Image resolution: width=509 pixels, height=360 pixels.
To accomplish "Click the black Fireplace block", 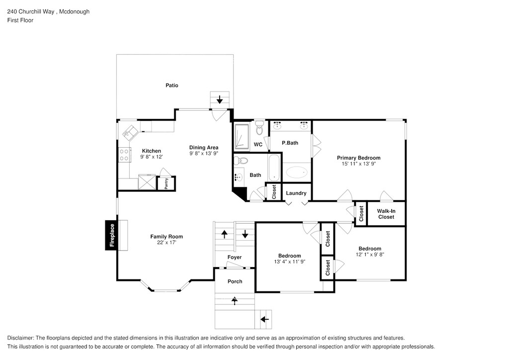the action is tap(111, 235).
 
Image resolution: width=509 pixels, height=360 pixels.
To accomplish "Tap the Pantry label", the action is tap(166, 183).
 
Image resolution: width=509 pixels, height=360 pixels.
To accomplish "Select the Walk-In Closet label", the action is tap(386, 214).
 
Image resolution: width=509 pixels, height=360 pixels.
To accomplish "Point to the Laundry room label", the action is tap(296, 193).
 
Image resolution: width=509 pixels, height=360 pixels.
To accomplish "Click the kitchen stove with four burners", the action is tap(124, 155).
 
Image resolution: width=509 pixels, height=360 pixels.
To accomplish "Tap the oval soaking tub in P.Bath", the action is tap(297, 173).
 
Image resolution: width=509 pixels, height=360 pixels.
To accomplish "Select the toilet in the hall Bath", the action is tap(242, 160).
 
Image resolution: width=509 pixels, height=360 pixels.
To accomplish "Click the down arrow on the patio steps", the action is tap(220, 100).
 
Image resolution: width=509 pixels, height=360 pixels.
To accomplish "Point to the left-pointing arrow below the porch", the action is tap(264, 319).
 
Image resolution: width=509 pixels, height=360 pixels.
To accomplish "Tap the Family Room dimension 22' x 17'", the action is tap(167, 243).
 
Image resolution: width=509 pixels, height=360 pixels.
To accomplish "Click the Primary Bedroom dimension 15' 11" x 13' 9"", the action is tap(361, 164).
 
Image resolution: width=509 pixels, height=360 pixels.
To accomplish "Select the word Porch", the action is tap(235, 281).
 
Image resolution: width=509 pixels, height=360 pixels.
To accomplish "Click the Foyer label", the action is tap(235, 257).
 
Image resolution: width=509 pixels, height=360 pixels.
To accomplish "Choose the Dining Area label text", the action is tap(204, 147).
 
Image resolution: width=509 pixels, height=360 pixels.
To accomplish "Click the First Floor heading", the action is tap(20, 20).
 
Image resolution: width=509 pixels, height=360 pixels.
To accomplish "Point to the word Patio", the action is tap(171, 86).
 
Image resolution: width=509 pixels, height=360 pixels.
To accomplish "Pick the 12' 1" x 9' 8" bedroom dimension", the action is tap(370, 255).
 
